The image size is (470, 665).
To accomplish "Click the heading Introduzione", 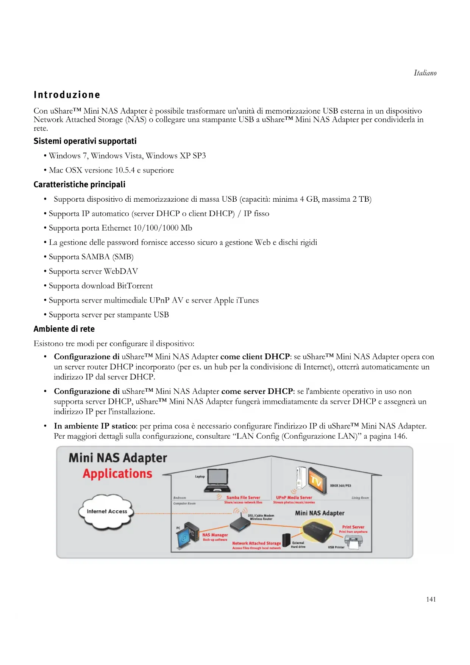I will [x=67, y=95].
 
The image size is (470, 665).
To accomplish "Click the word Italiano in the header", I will [x=425, y=73].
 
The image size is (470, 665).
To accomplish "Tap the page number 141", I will [x=431, y=599].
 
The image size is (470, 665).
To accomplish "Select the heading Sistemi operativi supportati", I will [x=85, y=141].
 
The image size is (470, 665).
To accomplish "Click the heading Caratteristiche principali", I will [x=79, y=185].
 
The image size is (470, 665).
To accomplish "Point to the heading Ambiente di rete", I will [x=64, y=329].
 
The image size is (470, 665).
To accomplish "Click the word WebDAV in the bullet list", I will [x=121, y=271].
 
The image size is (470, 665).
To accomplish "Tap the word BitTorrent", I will [x=135, y=286].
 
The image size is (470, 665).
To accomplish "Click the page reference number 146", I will [x=400, y=436].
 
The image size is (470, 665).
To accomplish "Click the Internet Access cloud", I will [x=107, y=511].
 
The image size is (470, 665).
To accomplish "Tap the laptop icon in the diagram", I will [x=217, y=480].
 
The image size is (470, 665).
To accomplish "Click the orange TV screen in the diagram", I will [x=316, y=480].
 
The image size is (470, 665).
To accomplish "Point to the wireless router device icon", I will [x=240, y=525].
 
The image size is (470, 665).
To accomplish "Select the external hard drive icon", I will [x=286, y=540].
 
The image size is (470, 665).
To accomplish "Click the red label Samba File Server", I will [x=243, y=497].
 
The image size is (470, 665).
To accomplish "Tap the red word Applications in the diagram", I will [x=117, y=474].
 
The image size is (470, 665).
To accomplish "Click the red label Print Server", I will [x=353, y=527].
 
